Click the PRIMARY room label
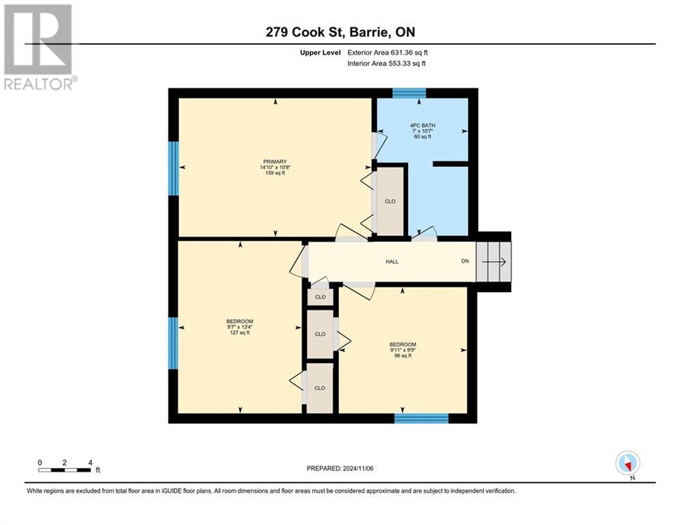click(275, 162)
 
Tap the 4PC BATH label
click(423, 125)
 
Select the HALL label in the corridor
click(392, 262)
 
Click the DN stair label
click(465, 261)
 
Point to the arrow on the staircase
click(494, 262)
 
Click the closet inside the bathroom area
click(390, 202)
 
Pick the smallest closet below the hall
click(320, 297)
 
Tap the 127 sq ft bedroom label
click(240, 327)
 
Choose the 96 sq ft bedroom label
click(403, 350)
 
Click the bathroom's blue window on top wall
click(409, 93)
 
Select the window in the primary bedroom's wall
click(174, 168)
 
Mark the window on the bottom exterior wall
click(421, 418)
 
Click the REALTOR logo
click(39, 47)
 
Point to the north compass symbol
click(628, 463)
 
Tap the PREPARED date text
click(340, 468)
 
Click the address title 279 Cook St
click(340, 32)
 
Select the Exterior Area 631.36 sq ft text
click(387, 53)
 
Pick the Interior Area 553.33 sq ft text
click(386, 64)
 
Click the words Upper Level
click(321, 53)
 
